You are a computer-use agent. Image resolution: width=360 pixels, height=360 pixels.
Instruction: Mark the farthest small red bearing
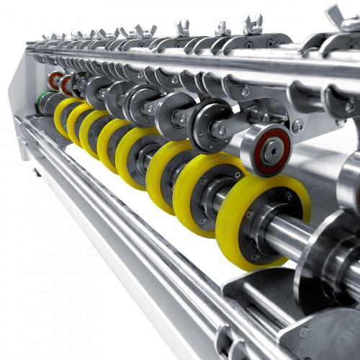tap(54, 79)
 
